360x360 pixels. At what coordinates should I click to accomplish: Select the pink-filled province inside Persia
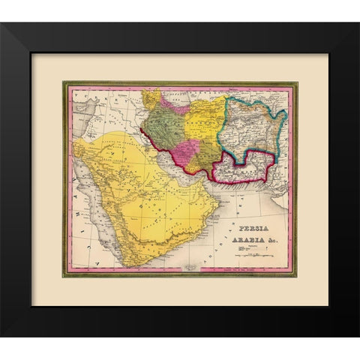pyautogui.click(x=190, y=148)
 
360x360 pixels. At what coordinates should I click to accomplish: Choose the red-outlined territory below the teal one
pyautogui.click(x=247, y=169)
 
